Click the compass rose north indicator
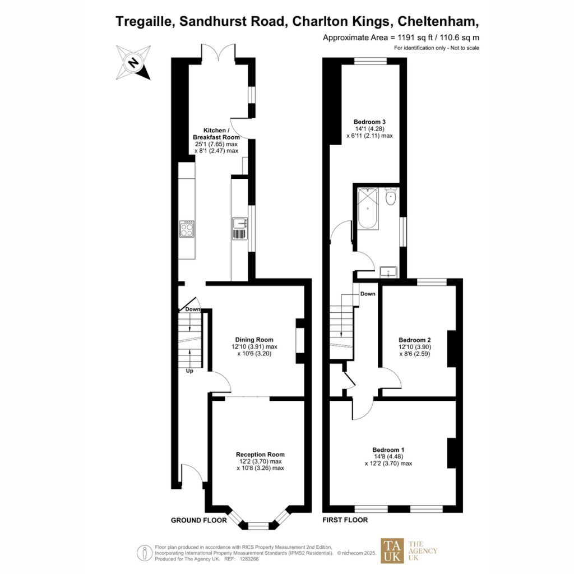(x=133, y=62)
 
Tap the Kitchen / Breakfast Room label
(x=216, y=133)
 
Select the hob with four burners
(x=187, y=229)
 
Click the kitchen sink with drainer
(x=240, y=229)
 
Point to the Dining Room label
(x=254, y=340)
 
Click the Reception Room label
(x=260, y=454)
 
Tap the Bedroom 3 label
(x=369, y=122)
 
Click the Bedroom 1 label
(x=388, y=450)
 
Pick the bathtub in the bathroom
(x=368, y=209)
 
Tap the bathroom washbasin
(x=388, y=272)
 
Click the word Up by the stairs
(x=189, y=371)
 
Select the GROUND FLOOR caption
(x=199, y=520)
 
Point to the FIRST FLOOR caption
(x=345, y=520)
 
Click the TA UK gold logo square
(x=392, y=550)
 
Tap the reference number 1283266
(x=249, y=559)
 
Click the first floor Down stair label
(x=368, y=294)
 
